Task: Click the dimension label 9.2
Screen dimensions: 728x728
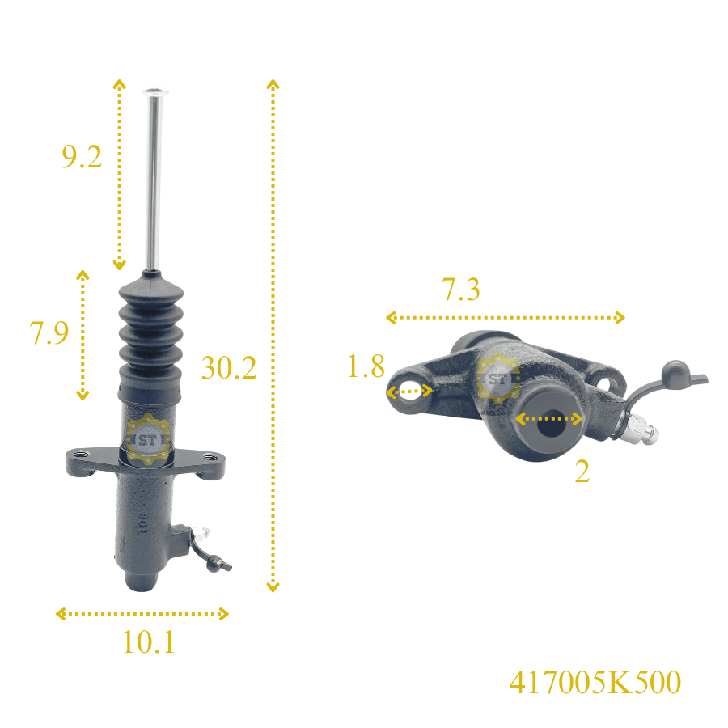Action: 82,156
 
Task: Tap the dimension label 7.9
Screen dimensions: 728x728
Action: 49,332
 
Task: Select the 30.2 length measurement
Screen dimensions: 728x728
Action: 229,368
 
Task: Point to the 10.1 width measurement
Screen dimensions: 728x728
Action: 149,642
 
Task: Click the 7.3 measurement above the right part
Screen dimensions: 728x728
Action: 460,290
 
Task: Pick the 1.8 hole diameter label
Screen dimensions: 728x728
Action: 366,366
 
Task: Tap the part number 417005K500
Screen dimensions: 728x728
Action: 595,682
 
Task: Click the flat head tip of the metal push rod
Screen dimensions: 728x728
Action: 155,91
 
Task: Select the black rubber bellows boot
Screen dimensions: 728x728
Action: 150,338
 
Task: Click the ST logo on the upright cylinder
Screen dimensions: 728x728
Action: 148,440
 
